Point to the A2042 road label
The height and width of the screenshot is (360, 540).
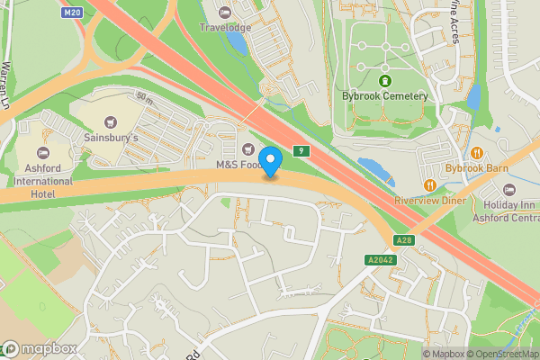pyautogui.click(x=382, y=260)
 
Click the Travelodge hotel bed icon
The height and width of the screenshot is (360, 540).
pyautogui.click(x=224, y=12)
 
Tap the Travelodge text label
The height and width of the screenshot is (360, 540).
pyautogui.click(x=224, y=27)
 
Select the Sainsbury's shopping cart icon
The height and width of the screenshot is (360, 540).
pyautogui.click(x=111, y=122)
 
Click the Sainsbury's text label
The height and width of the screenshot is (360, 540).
pyautogui.click(x=111, y=139)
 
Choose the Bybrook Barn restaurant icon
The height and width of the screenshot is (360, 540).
pyautogui.click(x=477, y=152)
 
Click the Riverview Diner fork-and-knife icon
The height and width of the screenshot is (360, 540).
pyautogui.click(x=431, y=185)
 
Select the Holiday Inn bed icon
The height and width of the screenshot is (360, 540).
pyautogui.click(x=510, y=190)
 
